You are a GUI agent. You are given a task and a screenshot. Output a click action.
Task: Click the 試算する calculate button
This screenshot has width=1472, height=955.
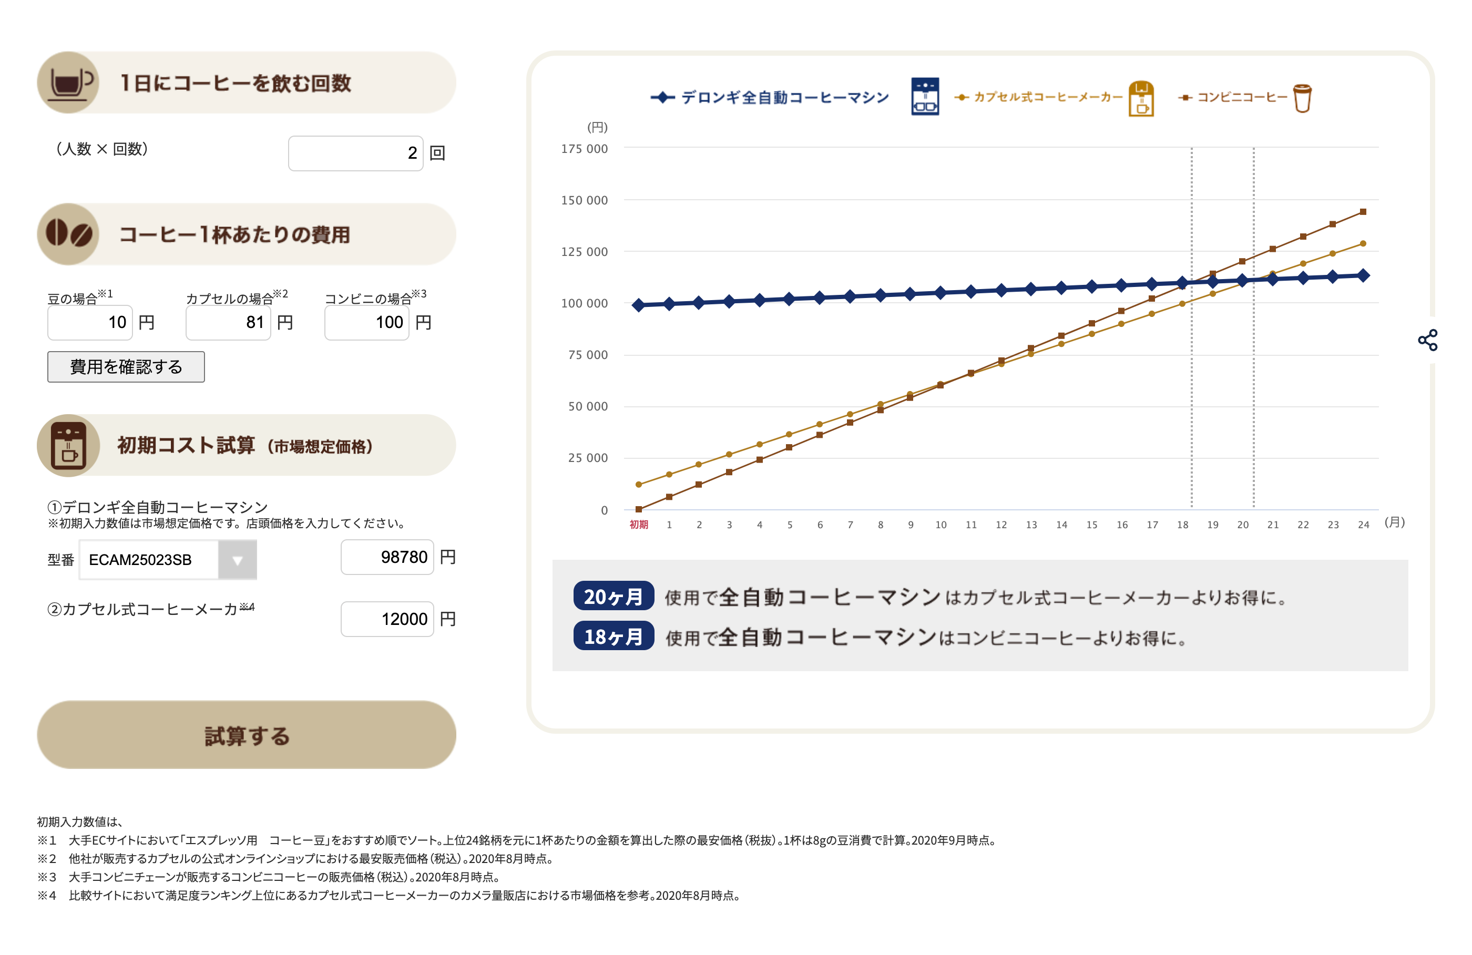pyautogui.click(x=246, y=735)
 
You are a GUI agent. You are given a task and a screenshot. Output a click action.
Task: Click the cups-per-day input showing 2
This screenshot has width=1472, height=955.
pyautogui.click(x=355, y=153)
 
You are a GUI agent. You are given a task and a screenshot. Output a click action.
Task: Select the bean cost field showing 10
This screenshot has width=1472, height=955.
pyautogui.click(x=90, y=322)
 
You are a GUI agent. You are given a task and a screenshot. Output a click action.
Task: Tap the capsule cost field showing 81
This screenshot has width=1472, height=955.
pyautogui.click(x=228, y=322)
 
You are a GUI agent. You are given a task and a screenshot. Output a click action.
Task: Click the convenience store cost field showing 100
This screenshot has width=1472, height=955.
pyautogui.click(x=367, y=322)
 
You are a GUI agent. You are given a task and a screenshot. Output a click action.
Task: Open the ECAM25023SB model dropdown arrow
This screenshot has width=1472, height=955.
pyautogui.click(x=238, y=560)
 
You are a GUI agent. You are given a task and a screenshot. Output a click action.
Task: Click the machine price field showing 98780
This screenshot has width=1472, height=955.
pyautogui.click(x=387, y=557)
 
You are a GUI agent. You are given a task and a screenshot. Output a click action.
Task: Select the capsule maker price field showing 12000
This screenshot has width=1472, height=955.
pyautogui.click(x=387, y=619)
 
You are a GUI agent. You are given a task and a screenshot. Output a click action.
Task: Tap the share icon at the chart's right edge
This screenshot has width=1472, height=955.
pyautogui.click(x=1427, y=340)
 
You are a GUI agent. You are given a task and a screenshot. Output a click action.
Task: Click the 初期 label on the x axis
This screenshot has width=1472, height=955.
pyautogui.click(x=639, y=525)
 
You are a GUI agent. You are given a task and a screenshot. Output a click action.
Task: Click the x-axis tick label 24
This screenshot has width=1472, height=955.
pyautogui.click(x=1363, y=525)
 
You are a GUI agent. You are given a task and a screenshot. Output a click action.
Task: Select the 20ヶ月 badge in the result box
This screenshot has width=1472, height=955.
pyautogui.click(x=614, y=596)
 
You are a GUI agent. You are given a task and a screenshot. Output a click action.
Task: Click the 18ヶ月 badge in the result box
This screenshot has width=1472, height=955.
pyautogui.click(x=614, y=636)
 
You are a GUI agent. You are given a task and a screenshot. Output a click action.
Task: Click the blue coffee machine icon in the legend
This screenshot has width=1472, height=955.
pyautogui.click(x=925, y=96)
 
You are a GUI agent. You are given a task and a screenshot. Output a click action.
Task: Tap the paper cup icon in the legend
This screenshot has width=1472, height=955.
pyautogui.click(x=1302, y=98)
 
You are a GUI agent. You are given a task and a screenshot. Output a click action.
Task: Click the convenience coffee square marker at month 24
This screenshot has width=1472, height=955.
pyautogui.click(x=1363, y=211)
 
